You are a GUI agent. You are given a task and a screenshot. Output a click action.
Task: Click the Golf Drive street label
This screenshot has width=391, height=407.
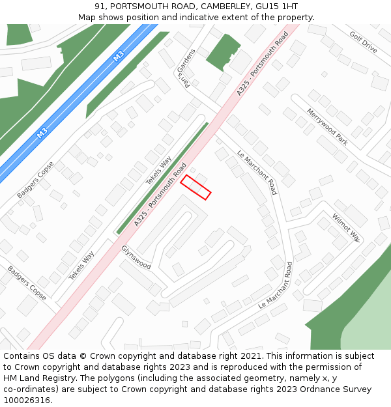[363, 42]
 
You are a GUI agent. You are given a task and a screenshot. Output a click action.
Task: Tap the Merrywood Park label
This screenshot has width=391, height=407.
[327, 126]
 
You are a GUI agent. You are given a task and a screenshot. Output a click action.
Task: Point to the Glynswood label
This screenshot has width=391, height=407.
[136, 258]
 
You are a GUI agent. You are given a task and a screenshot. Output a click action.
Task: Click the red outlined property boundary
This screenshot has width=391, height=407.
[195, 187]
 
